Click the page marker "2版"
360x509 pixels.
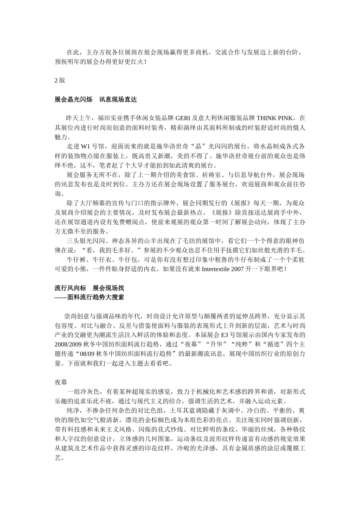[60, 80]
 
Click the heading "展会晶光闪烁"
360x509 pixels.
[74, 100]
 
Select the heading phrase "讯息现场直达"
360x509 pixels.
[118, 100]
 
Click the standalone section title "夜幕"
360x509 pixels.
[61, 382]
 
